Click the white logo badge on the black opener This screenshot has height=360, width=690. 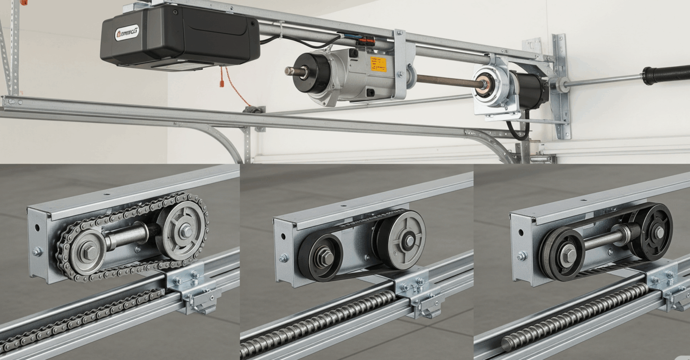[x=127, y=33]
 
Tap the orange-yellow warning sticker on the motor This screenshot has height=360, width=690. [x=378, y=64]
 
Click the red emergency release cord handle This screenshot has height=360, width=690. [x=221, y=83]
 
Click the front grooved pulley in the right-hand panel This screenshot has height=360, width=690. [x=563, y=254]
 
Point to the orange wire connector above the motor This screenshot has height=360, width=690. [x=366, y=41]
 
